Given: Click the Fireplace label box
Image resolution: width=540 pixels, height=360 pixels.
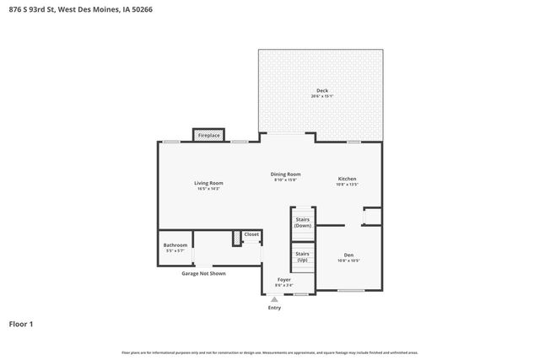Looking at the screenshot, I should [x=208, y=135].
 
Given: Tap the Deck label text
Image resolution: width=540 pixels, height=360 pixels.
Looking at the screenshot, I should [x=321, y=90].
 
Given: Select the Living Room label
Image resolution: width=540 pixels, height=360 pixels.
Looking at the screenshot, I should [x=208, y=183].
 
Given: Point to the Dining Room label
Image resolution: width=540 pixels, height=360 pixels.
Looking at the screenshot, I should [x=286, y=174].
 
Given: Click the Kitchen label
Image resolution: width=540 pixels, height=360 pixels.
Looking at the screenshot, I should [x=348, y=179].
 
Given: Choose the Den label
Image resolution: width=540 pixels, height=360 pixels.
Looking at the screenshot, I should [x=348, y=255].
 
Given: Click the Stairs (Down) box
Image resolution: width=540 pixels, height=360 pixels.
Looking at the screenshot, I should [x=302, y=223].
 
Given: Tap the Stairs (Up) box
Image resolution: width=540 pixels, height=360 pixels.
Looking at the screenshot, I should [x=302, y=256].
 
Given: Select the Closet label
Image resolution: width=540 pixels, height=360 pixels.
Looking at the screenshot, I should [x=251, y=234].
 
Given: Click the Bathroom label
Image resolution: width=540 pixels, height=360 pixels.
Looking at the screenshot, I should [x=175, y=245].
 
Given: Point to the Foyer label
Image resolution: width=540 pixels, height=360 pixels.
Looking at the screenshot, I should [x=284, y=280].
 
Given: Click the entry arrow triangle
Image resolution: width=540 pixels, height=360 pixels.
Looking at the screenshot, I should [x=274, y=298].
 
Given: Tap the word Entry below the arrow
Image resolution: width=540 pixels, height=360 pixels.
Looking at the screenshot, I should [x=274, y=308].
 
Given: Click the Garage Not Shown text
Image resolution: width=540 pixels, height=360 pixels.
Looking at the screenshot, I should [x=203, y=273].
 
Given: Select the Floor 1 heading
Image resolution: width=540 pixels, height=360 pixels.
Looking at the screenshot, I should [x=21, y=323].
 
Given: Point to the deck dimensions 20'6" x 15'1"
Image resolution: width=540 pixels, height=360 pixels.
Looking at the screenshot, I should [x=321, y=96].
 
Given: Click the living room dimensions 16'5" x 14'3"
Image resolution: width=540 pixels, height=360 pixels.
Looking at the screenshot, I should [x=208, y=189].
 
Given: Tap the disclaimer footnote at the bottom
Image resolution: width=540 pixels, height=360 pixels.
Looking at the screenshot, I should [x=269, y=352].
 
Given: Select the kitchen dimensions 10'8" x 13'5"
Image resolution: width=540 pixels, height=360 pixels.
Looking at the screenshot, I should [x=348, y=185].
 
